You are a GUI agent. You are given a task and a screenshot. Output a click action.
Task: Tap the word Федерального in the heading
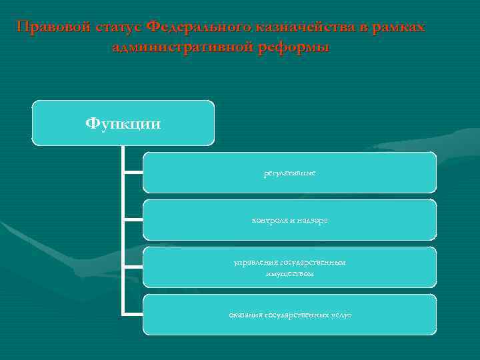(199, 27)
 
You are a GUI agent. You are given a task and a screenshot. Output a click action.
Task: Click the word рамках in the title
(399, 27)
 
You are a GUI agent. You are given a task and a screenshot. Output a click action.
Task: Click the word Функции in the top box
(123, 124)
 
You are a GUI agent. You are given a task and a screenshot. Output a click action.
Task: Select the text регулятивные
(289, 173)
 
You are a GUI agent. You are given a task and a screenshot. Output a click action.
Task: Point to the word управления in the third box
(252, 263)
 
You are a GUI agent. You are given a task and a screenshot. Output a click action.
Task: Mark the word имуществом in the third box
(289, 273)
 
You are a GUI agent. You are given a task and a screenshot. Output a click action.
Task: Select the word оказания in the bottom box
(245, 315)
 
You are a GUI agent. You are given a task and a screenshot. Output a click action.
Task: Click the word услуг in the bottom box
(339, 315)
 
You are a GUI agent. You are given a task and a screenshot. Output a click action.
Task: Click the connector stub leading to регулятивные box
(133, 172)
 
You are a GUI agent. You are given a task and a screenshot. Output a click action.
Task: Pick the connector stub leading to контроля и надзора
(133, 220)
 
